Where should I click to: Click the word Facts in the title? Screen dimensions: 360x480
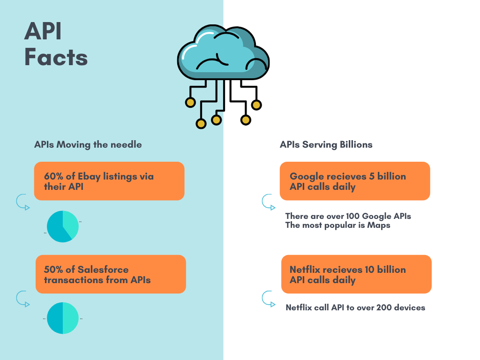point(56,57)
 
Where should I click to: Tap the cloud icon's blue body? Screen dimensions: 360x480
point(220,52)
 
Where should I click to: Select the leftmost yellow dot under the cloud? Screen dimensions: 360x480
point(190,102)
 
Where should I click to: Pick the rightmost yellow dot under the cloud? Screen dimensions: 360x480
point(256,105)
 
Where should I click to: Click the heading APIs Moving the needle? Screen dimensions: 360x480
point(88,144)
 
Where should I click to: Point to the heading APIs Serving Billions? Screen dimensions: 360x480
point(326,144)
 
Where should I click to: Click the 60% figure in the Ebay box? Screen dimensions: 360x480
point(53,177)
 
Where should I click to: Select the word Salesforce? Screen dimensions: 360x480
point(103,270)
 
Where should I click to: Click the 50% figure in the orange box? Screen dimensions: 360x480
point(54,270)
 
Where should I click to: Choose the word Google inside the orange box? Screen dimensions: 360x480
point(307,177)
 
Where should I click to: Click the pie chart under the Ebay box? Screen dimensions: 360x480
point(63,226)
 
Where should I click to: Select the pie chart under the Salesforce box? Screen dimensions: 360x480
point(63,318)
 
